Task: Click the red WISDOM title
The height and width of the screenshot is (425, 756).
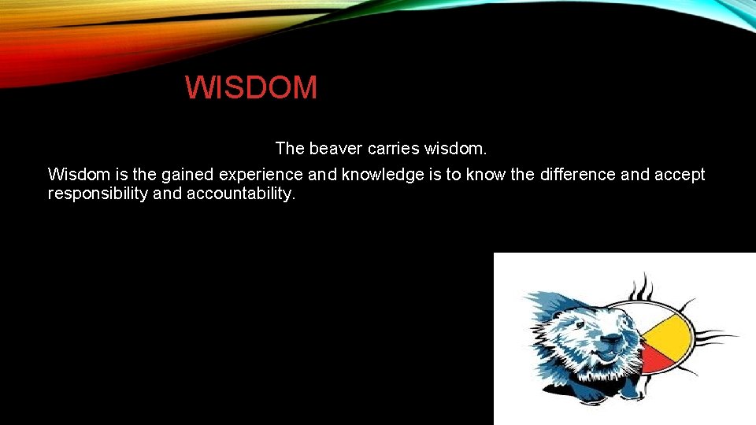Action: tap(251, 88)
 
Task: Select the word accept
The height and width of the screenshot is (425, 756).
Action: tap(680, 175)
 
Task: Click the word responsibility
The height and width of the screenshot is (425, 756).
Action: tap(97, 194)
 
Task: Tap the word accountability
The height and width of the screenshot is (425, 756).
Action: tap(241, 194)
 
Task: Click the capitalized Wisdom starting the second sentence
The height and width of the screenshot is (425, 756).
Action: tap(76, 175)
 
